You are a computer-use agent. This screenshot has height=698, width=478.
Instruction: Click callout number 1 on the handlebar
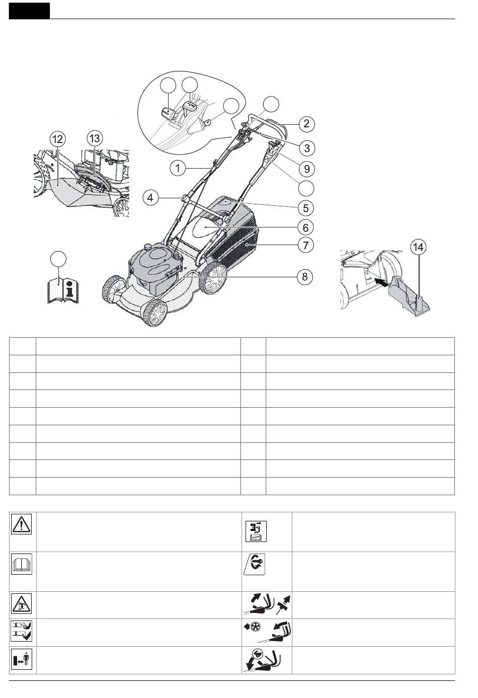(x=177, y=168)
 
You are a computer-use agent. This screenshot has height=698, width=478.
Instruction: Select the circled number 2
(x=306, y=123)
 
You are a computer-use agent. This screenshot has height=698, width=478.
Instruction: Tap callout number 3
(x=306, y=148)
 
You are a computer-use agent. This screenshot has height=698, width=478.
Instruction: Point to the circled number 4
(x=150, y=197)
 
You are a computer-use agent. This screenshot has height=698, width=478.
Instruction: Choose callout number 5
(x=305, y=207)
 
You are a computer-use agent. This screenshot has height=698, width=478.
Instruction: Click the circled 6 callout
(x=305, y=227)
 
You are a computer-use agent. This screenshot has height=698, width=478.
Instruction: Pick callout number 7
(x=305, y=245)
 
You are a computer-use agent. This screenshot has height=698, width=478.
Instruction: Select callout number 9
(x=306, y=167)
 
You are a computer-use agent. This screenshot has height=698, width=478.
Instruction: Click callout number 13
(x=94, y=137)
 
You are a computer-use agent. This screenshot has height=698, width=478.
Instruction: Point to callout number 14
(x=418, y=247)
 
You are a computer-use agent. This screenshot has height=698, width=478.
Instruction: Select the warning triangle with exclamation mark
(x=21, y=524)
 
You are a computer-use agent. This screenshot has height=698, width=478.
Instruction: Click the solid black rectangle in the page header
(x=30, y=11)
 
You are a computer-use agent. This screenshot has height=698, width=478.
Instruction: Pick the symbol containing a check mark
(x=21, y=631)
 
